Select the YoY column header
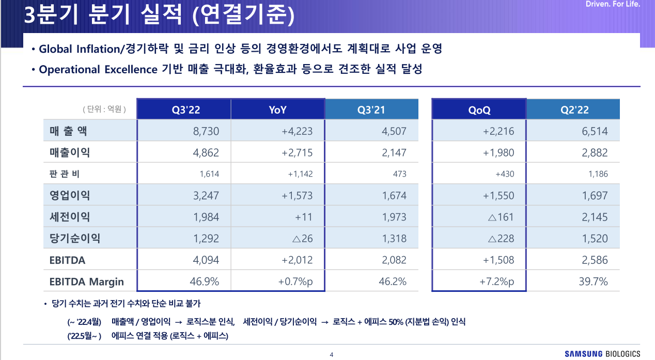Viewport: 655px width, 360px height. point(277,110)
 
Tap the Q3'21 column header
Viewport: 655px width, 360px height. point(371,110)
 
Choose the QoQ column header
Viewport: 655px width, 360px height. point(479,110)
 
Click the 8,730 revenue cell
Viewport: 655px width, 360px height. point(206,131)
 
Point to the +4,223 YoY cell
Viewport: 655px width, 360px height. point(297,131)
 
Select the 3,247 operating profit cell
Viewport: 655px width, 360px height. point(206,196)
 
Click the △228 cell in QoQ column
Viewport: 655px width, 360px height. point(501,239)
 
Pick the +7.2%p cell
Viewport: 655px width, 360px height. point(496,281)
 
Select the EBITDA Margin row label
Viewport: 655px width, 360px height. point(87,281)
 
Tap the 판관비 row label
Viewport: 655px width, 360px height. point(65,174)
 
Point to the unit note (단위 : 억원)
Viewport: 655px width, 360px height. point(104,109)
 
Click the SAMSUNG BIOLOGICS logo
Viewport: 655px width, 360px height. point(602,354)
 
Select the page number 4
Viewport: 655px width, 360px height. point(331,354)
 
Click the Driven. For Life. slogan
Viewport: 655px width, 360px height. point(613,5)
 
